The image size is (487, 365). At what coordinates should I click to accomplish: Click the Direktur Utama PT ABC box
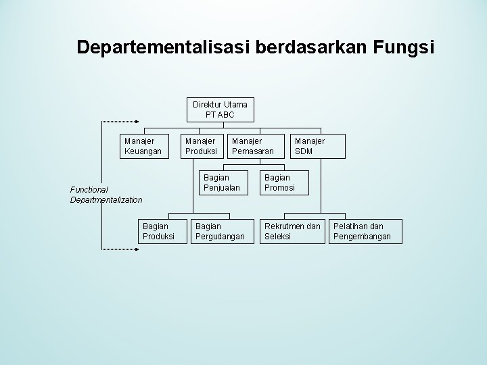click(x=220, y=109)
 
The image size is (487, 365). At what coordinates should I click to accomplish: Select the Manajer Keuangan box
click(x=143, y=146)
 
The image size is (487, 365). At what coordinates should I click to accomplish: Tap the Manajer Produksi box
click(x=201, y=146)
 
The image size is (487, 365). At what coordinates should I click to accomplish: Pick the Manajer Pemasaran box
click(x=252, y=146)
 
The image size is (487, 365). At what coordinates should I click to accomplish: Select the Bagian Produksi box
click(x=158, y=231)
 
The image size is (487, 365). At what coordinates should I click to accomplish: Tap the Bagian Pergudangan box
click(x=220, y=231)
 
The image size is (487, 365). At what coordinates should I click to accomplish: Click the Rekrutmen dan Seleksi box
click(x=292, y=231)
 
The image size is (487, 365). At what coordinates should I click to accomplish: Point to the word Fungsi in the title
click(x=403, y=47)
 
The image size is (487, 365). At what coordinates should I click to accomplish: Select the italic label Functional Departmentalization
click(x=106, y=195)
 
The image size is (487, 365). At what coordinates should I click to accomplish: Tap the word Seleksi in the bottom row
click(x=278, y=237)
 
